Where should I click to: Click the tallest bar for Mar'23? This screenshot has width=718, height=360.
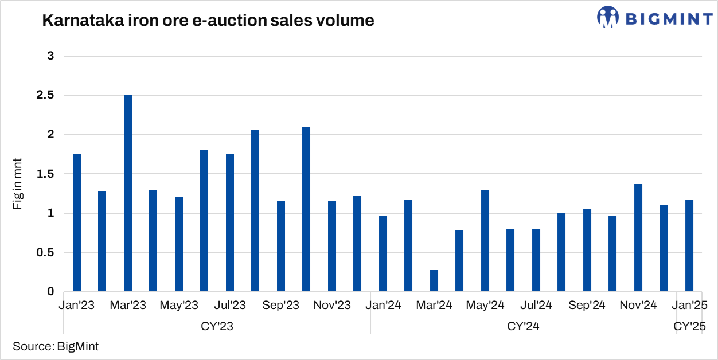[128, 193]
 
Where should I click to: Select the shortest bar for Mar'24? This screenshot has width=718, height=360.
[434, 281]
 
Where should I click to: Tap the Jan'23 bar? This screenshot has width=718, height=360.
[77, 223]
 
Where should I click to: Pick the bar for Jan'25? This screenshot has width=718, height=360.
[689, 246]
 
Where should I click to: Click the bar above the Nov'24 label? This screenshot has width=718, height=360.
[638, 238]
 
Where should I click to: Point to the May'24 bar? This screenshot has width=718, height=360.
[485, 241]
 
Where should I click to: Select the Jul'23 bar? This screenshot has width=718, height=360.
[230, 223]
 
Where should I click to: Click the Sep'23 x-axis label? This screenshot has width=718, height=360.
[281, 306]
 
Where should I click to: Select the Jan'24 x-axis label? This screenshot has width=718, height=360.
[383, 306]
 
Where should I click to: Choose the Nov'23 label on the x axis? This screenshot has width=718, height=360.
[332, 306]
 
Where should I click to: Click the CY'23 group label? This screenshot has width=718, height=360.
[217, 327]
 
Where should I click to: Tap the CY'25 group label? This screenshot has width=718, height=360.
[689, 327]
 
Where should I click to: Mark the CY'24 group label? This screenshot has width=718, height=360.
[523, 327]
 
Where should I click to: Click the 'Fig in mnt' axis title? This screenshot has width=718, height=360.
[18, 182]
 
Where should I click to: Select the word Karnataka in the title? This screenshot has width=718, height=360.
[77, 21]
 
